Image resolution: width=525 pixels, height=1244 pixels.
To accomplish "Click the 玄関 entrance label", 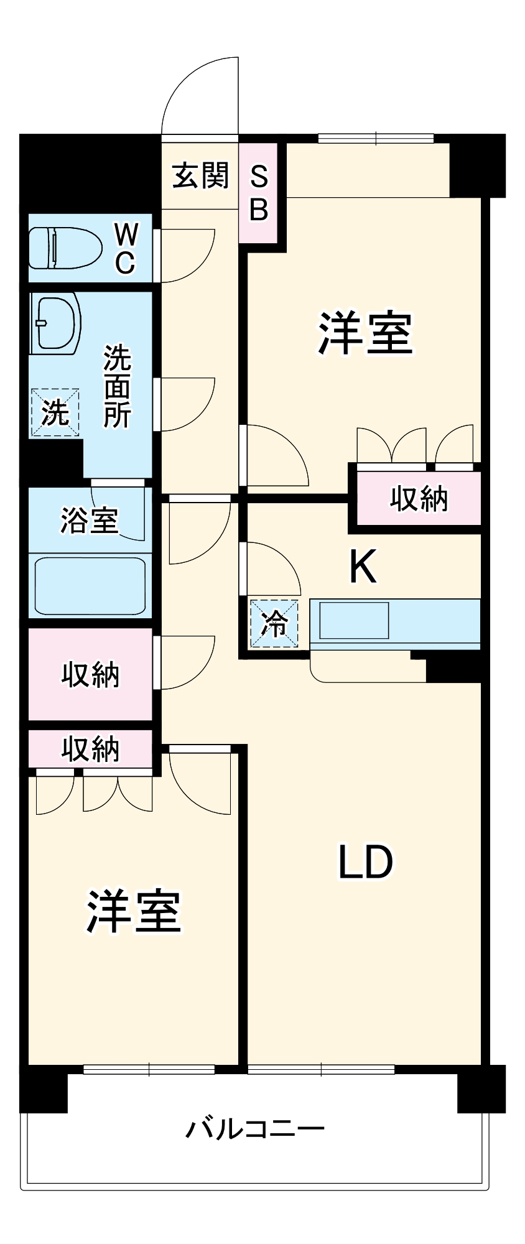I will [x=200, y=176].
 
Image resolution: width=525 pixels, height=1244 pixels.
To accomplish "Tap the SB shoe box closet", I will [x=259, y=193].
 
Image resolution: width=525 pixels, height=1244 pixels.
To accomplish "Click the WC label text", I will [x=126, y=248].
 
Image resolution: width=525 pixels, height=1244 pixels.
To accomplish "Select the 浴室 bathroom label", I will [x=89, y=520].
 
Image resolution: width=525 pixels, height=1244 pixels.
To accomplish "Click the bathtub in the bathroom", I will [x=90, y=586].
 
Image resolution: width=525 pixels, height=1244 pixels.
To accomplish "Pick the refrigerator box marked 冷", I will [x=274, y=623].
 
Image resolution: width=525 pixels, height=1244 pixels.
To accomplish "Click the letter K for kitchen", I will [x=363, y=567].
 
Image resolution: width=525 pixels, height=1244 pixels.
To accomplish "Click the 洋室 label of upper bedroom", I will [x=365, y=333].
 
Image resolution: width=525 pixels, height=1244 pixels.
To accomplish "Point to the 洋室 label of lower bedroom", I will [x=133, y=912].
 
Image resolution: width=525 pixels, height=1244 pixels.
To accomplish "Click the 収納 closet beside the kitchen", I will [x=419, y=499].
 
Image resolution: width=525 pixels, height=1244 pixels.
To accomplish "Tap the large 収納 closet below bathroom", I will [x=90, y=675].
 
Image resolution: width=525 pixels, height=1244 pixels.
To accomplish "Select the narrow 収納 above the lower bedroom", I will [x=90, y=750].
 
